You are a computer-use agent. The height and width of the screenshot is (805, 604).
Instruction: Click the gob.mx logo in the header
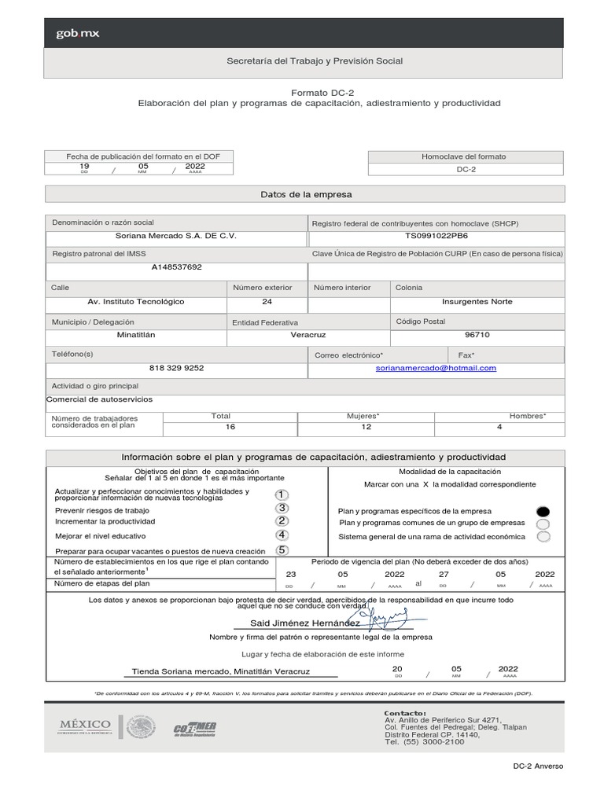77,34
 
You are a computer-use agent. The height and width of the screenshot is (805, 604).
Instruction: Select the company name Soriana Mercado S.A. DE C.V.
175,236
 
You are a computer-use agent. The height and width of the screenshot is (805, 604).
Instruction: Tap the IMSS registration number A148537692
176,267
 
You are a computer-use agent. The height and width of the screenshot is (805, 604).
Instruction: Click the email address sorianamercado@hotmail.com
436,368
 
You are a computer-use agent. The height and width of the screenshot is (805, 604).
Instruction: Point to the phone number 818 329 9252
176,368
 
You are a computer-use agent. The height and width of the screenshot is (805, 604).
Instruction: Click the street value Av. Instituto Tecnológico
136,302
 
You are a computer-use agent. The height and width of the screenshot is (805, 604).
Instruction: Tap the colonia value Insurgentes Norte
477,302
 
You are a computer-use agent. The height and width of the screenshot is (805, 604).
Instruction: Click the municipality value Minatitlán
136,334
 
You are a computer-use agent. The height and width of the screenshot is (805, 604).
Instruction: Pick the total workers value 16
230,426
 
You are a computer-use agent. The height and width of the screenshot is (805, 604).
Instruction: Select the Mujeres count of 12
366,426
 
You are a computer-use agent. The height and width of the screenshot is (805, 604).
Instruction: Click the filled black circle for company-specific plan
543,511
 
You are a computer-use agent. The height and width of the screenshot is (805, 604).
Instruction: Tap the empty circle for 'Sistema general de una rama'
543,537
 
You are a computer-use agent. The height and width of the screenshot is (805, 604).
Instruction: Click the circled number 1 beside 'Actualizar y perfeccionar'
282,494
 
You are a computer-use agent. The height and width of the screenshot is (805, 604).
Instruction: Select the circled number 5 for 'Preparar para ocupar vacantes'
282,550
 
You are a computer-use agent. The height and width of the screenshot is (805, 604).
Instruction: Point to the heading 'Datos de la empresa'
306,194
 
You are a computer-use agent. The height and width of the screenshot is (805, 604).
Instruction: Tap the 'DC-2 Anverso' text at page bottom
538,766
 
